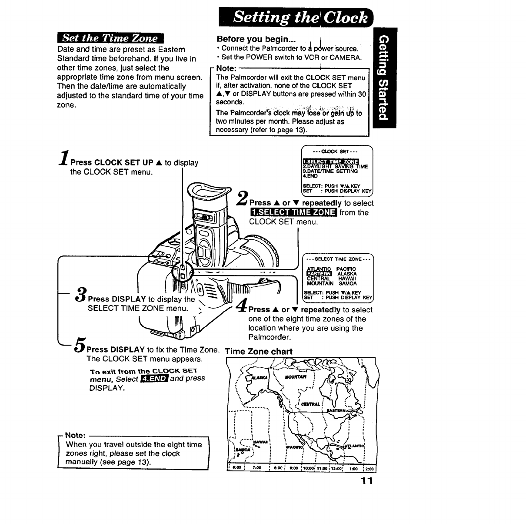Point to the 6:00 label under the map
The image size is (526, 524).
click(237, 469)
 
